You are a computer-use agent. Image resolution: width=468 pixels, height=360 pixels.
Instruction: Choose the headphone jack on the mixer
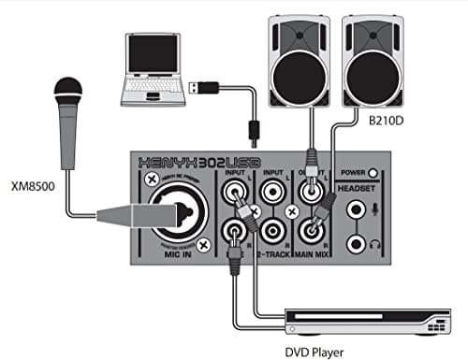pyautogui.click(x=356, y=244)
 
